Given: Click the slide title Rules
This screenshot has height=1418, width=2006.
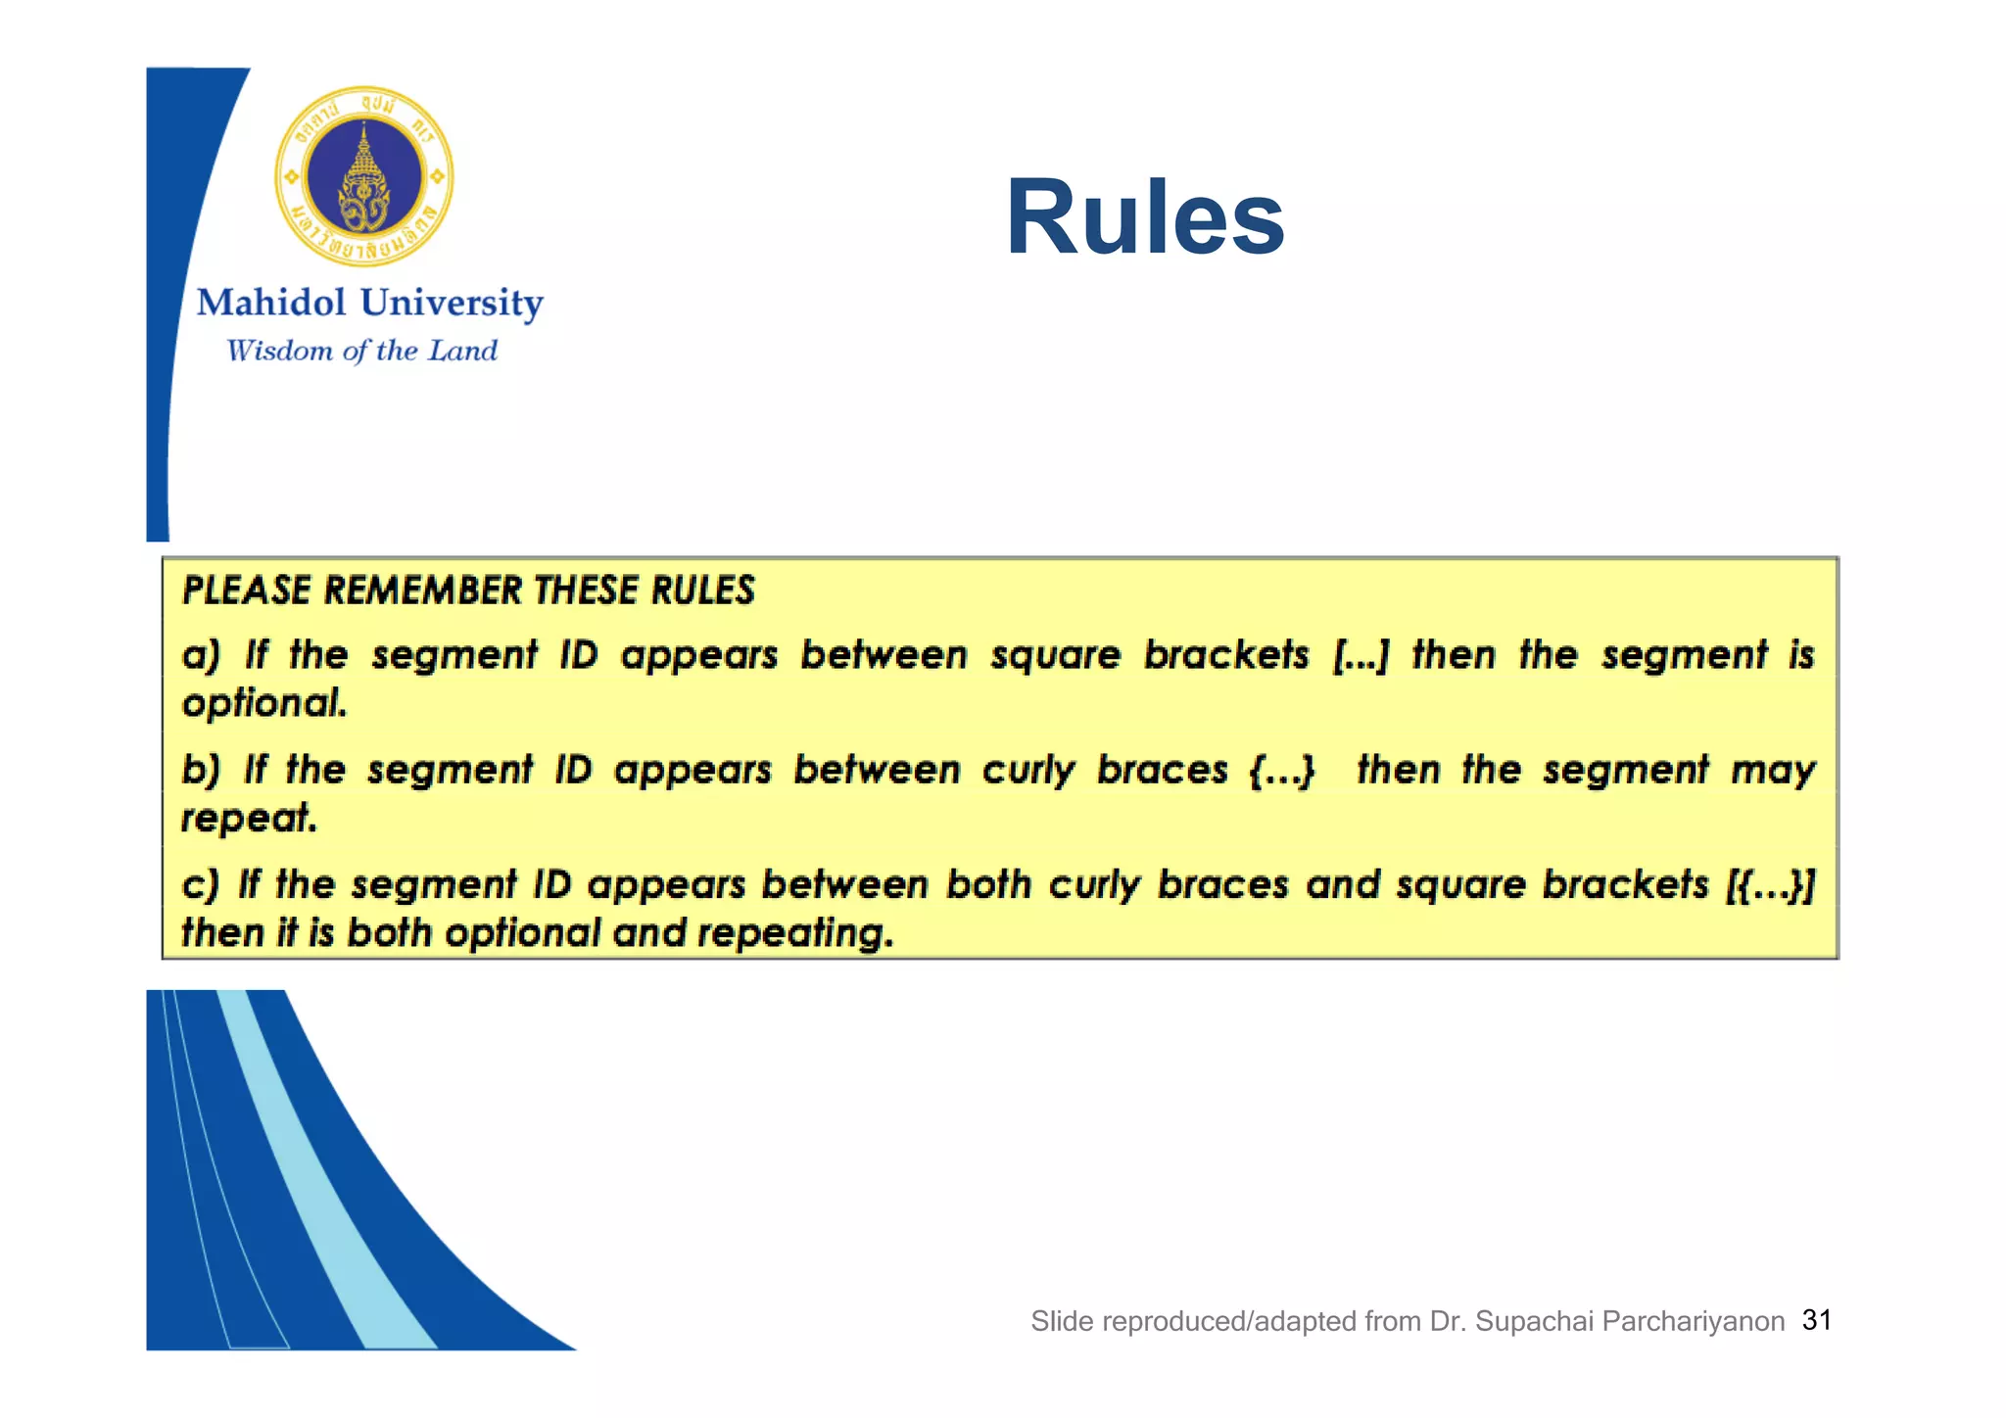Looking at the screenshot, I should tap(1144, 217).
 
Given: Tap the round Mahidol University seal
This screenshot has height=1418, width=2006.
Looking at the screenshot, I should tap(364, 176).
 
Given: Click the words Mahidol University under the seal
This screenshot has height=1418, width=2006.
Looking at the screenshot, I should tap(369, 303).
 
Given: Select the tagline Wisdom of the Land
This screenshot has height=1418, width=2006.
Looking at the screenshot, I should tap(361, 351).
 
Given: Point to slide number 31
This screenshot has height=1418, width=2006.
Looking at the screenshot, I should tap(1817, 1320).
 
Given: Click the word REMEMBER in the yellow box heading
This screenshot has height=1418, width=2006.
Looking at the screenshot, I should tap(422, 591).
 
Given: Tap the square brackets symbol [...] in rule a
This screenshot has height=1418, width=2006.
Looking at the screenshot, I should tap(1361, 655).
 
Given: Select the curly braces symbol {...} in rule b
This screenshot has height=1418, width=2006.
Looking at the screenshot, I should tap(1282, 771).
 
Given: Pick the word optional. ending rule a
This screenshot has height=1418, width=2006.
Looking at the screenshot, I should tap(264, 703).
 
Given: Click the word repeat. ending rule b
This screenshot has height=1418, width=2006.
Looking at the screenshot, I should tap(250, 818).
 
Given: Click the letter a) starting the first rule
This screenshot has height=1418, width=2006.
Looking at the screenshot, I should tap(202, 655).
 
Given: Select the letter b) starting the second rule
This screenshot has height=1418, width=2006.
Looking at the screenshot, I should tap(202, 771).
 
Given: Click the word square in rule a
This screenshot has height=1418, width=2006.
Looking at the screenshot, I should tap(1055, 655).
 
